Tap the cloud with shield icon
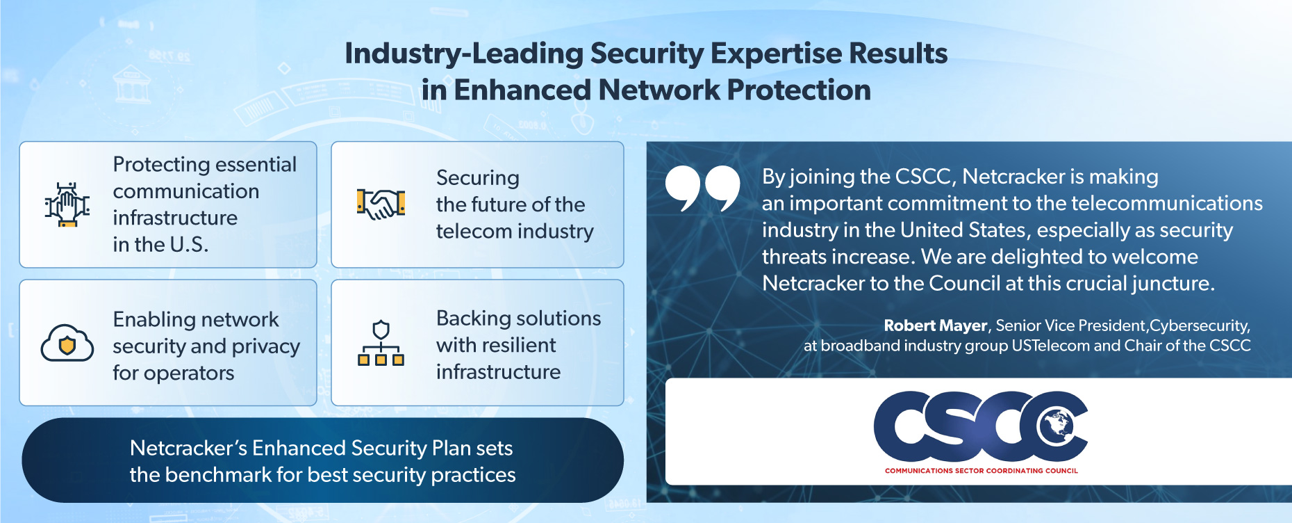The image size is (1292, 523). tap(67, 343)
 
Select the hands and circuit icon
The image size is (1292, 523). tap(67, 204)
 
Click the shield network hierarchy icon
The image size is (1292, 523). tap(381, 343)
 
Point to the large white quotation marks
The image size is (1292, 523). tap(703, 188)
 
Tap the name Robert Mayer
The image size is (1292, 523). tap(935, 325)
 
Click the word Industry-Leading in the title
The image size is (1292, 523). tap(464, 54)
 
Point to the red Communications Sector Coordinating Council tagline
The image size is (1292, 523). tap(981, 471)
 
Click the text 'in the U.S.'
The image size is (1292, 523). tap(160, 245)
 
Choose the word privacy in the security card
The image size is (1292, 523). tap(266, 347)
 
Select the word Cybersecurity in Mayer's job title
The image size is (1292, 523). tap(1200, 326)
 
